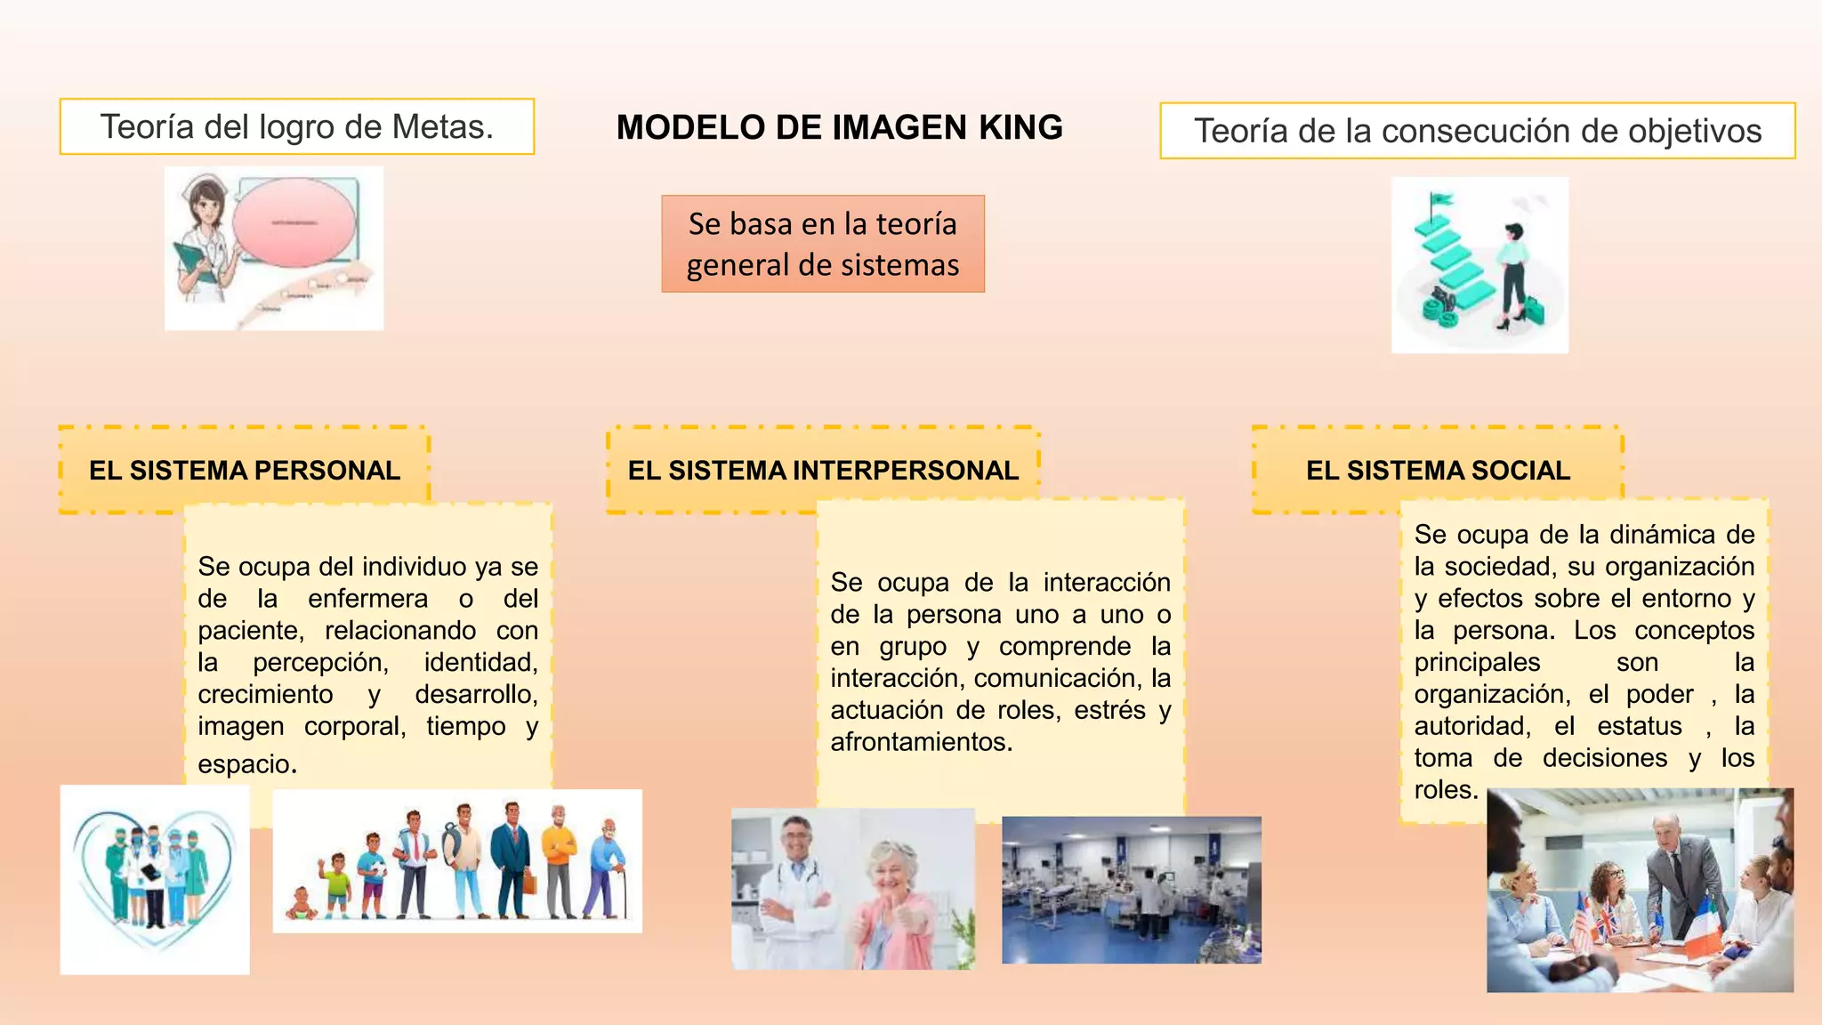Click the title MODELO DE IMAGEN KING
click(839, 127)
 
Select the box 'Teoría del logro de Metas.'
click(296, 126)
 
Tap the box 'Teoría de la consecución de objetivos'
click(1477, 131)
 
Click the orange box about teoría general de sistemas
click(823, 244)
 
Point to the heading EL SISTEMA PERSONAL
click(245, 470)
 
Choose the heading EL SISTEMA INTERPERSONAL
click(823, 470)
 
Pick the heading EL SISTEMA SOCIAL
click(1438, 470)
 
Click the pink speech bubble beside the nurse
click(294, 222)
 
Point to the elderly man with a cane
click(608, 868)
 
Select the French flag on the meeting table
click(1701, 925)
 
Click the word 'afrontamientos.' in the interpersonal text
click(922, 741)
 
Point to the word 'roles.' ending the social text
click(1446, 789)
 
